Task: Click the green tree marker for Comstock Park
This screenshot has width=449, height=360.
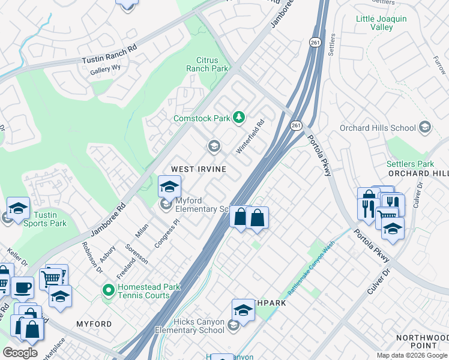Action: pos(239,116)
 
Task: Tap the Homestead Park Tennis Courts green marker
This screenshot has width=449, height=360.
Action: pos(108,291)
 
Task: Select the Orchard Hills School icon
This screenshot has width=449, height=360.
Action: pos(425,127)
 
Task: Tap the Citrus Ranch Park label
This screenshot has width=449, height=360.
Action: pos(212,64)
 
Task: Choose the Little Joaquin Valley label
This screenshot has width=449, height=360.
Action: pos(382,23)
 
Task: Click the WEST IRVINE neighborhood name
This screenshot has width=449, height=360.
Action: pos(199,169)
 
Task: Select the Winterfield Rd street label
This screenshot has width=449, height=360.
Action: pos(250,137)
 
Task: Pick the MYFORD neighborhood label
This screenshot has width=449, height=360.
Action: pos(94,324)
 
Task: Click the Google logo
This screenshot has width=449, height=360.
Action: pos(20,352)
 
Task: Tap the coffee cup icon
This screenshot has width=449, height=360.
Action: pos(23,287)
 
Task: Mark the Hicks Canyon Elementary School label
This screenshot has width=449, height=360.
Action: pos(190,326)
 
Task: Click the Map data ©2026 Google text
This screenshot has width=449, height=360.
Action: pos(411,355)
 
